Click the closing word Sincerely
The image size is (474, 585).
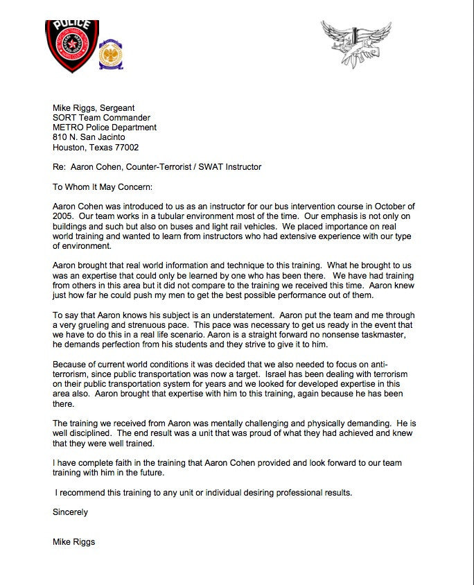tap(71, 512)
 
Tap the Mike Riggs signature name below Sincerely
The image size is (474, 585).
tap(74, 541)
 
